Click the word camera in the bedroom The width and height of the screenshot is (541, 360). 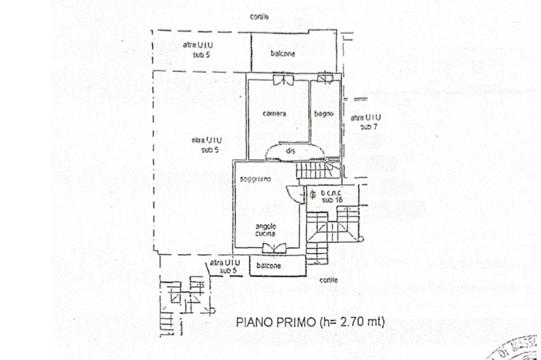[x=274, y=113]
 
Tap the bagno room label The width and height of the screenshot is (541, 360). [x=323, y=113]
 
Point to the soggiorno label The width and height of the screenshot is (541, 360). [x=255, y=179]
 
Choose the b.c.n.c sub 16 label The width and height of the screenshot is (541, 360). [x=332, y=196]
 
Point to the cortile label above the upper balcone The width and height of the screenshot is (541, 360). [x=259, y=17]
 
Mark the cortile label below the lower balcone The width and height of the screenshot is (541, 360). [x=328, y=280]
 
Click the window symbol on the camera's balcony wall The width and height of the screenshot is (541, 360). [x=284, y=80]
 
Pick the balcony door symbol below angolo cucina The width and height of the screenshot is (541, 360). [x=274, y=247]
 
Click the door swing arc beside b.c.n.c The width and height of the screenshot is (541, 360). [x=293, y=193]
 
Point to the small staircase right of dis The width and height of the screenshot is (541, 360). [x=313, y=170]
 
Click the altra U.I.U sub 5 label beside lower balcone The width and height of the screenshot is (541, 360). [x=225, y=266]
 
